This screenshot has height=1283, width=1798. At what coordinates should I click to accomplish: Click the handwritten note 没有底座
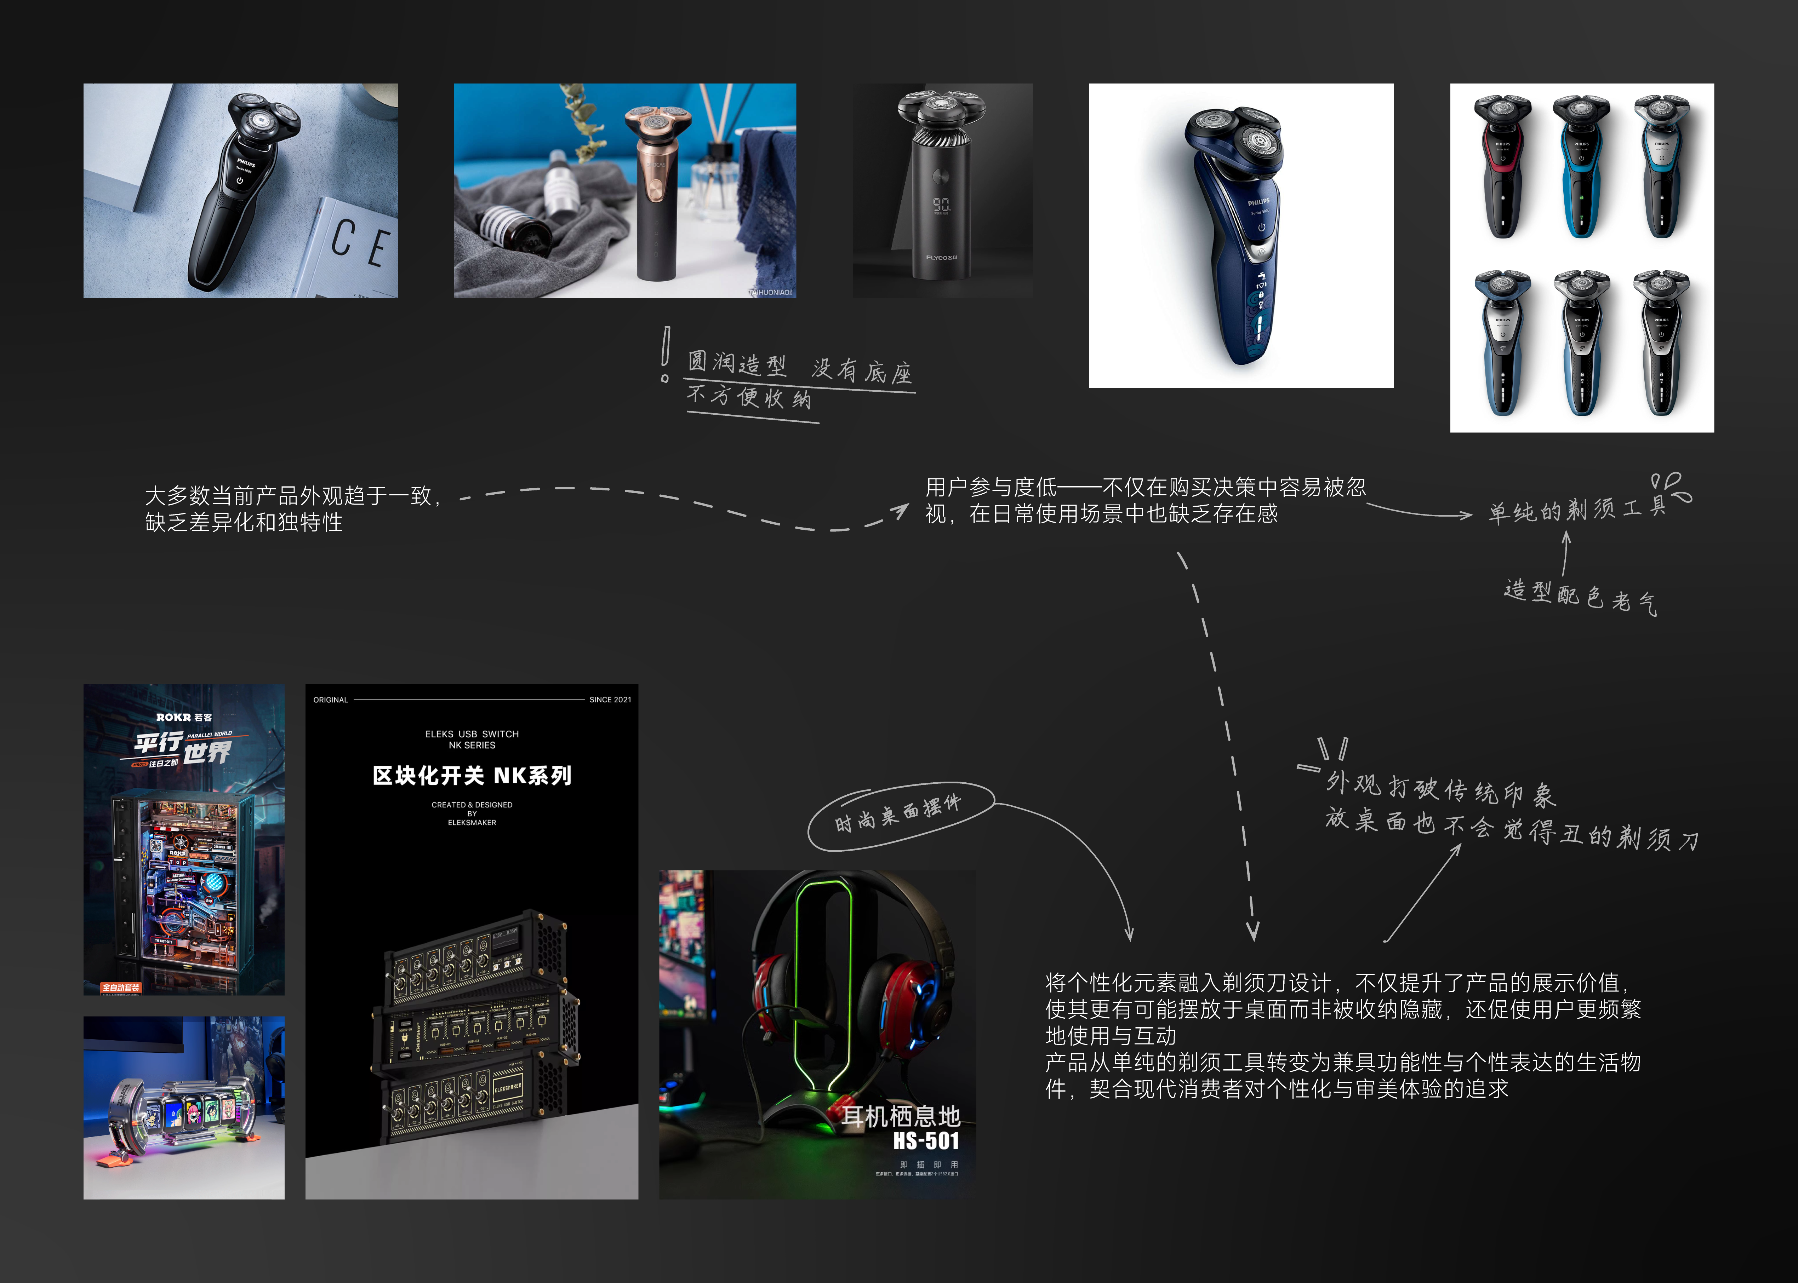point(861,370)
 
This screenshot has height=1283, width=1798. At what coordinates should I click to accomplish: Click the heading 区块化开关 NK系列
point(472,776)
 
